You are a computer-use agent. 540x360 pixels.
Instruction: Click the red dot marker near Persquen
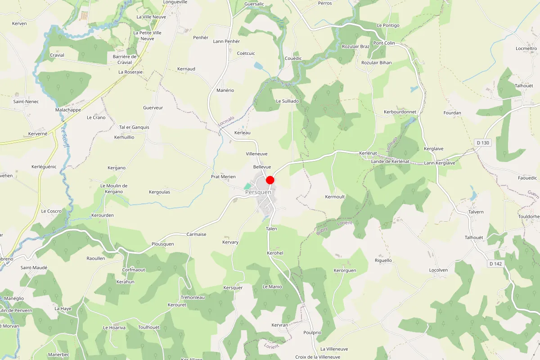[270, 180]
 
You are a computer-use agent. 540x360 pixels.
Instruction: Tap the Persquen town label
[258, 193]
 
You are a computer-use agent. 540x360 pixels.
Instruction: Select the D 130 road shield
[482, 143]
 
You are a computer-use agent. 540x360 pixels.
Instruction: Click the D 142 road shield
[495, 264]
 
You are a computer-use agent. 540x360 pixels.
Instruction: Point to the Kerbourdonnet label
[400, 112]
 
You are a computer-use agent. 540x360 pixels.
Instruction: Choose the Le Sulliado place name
[287, 101]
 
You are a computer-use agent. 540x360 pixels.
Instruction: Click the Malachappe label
[68, 110]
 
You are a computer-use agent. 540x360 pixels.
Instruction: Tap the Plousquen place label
[162, 244]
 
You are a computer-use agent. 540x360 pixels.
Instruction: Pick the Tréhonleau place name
[193, 297]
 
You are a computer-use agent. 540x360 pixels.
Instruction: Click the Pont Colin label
[384, 43]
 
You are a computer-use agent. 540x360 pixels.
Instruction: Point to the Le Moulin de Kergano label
[114, 189]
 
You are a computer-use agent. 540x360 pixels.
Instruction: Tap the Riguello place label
[383, 260]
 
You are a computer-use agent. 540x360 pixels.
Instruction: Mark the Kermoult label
[335, 197]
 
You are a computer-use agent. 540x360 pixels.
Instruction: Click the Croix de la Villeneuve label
[318, 357]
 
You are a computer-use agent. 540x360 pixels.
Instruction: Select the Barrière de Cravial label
[125, 59]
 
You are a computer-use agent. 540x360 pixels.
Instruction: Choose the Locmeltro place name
[526, 49]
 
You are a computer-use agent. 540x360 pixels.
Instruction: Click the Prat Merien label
[223, 177]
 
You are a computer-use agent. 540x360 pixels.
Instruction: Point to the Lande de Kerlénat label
[390, 162]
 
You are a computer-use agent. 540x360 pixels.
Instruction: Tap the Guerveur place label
[153, 108]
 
